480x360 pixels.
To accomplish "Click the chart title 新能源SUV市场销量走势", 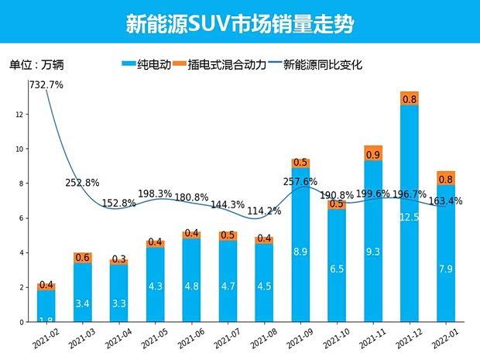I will pos(240,23).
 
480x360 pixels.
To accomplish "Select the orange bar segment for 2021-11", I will pos(373,153).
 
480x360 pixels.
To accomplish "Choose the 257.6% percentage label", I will pos(300,181).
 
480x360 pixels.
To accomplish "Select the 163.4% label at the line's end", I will pos(446,201).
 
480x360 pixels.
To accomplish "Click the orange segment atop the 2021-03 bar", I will pos(82,257).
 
